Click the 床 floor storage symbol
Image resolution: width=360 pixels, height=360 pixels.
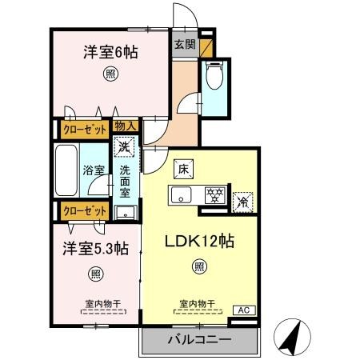pos(182,170)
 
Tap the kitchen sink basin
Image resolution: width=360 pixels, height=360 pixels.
pos(180,194)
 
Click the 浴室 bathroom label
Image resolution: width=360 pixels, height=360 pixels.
pos(94,170)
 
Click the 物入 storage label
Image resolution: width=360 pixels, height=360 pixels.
pos(125,126)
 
